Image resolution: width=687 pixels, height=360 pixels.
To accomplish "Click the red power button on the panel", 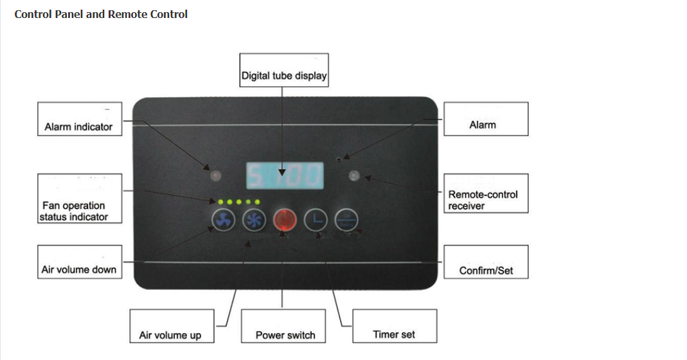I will (283, 221).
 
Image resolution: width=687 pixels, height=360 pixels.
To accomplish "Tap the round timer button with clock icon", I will (315, 221).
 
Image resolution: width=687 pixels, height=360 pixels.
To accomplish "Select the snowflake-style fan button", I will (253, 221).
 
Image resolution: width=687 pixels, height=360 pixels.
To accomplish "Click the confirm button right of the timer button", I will (346, 220).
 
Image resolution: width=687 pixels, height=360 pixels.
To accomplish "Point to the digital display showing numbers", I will (285, 174).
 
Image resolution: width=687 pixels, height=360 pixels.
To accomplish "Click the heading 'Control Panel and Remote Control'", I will (101, 14).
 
